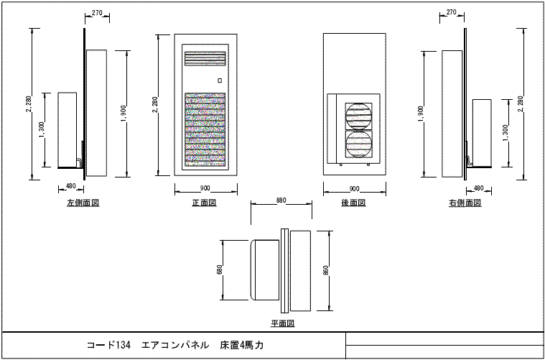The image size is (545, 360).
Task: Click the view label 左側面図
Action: (x=83, y=203)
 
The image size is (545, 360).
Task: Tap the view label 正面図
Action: (x=205, y=203)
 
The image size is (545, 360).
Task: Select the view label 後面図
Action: (x=353, y=203)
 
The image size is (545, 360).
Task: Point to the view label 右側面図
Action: (x=465, y=203)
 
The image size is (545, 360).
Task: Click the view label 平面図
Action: (x=283, y=324)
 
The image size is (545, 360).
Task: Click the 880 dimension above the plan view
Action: (x=281, y=200)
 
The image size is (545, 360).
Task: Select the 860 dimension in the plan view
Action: (x=326, y=270)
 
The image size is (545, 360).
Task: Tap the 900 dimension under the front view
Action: (x=205, y=188)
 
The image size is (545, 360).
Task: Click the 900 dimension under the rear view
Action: (x=354, y=188)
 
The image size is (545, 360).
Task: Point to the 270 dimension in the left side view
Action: (x=97, y=13)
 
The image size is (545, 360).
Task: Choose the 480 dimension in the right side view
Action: (x=479, y=188)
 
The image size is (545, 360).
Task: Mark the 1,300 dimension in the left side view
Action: (x=42, y=130)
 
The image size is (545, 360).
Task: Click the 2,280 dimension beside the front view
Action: (x=155, y=105)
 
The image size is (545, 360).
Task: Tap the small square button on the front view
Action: (x=220, y=80)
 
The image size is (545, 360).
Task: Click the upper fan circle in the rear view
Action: (x=358, y=116)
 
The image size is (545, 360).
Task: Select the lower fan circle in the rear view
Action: (x=358, y=144)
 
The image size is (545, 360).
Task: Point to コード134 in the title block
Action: (x=108, y=345)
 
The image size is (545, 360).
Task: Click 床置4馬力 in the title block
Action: (x=242, y=345)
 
